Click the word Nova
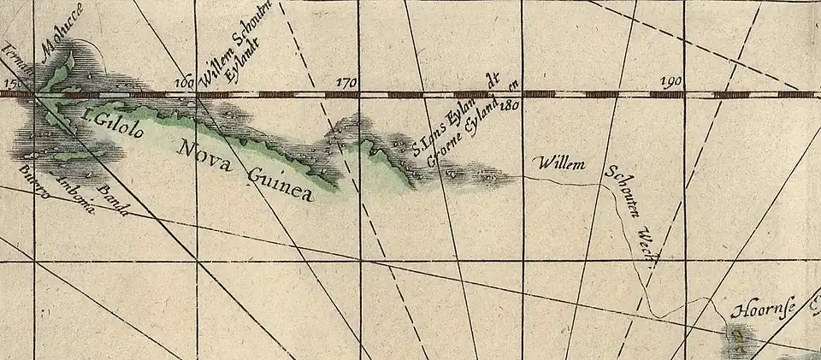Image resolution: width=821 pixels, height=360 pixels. pyautogui.click(x=204, y=158)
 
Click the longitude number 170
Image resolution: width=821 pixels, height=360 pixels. pyautogui.click(x=346, y=83)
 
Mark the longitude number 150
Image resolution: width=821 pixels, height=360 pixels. pyautogui.click(x=15, y=83)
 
